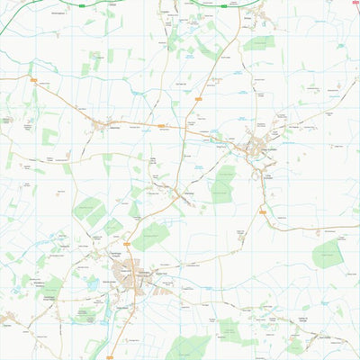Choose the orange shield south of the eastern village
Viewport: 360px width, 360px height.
tap(264, 212)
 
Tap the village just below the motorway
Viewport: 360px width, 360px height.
tap(255, 15)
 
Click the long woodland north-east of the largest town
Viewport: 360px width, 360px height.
tap(151, 236)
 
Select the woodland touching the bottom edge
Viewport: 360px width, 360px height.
tap(189, 348)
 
